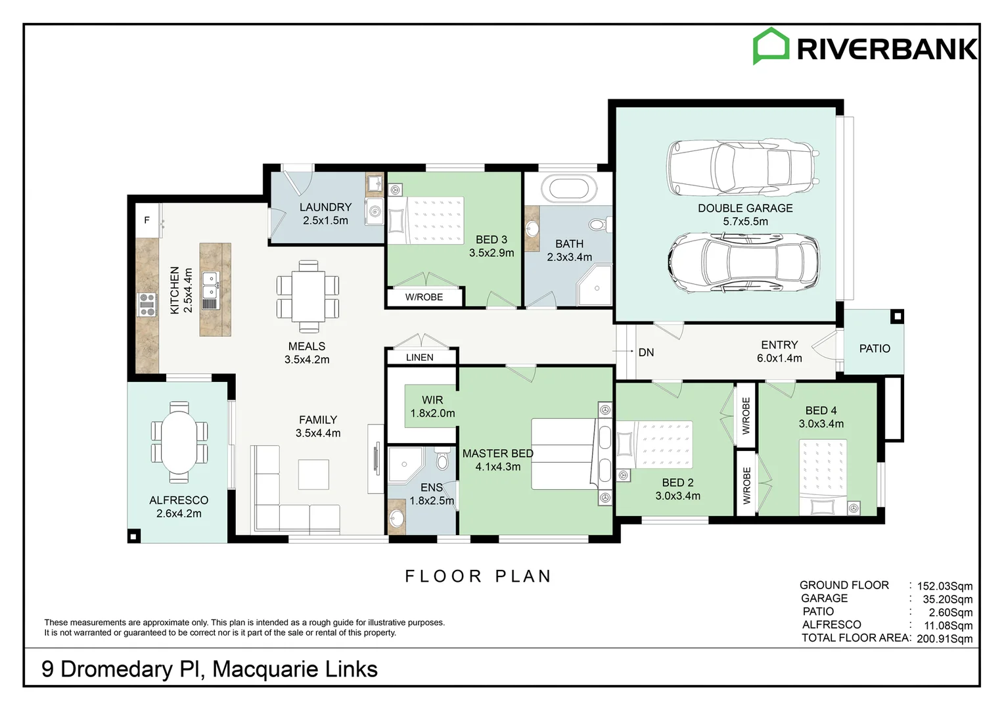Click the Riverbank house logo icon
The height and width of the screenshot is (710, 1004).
(771, 46)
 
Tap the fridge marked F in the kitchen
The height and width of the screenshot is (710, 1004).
(147, 221)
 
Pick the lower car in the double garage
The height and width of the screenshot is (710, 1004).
(744, 262)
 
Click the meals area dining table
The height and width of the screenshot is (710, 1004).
(308, 296)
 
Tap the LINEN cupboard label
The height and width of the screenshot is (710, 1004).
(420, 358)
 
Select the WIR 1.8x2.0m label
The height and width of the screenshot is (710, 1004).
(432, 406)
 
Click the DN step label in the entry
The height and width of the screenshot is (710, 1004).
(646, 352)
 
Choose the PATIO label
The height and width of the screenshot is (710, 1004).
(875, 348)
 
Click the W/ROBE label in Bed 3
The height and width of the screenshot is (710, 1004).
(424, 297)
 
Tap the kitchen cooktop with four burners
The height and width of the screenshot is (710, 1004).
(147, 304)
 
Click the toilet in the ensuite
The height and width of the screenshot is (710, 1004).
(442, 459)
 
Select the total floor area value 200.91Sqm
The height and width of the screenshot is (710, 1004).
(944, 638)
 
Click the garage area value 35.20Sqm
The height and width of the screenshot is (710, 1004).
(947, 599)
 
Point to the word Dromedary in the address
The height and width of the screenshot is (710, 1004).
(116, 669)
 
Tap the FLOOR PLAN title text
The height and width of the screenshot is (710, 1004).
(478, 577)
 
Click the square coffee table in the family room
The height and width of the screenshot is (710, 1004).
(313, 474)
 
